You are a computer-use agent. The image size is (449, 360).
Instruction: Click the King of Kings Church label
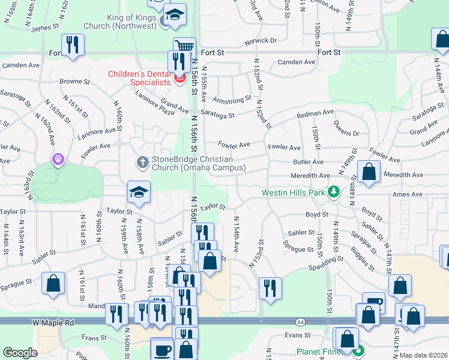click(124, 21)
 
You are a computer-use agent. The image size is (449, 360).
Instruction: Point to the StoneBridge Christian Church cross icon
click(143, 162)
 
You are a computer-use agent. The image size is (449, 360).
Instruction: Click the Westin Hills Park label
click(293, 193)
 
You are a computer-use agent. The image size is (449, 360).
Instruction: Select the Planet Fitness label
click(321, 352)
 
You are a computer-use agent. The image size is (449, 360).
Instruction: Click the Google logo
click(20, 353)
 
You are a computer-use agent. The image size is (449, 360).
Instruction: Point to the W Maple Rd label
click(53, 323)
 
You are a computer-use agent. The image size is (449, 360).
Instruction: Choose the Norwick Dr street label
click(261, 41)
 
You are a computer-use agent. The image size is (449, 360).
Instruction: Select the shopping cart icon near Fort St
click(184, 47)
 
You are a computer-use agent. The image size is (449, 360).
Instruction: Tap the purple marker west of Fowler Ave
click(58, 159)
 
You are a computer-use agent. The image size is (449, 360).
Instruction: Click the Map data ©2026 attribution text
click(423, 355)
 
